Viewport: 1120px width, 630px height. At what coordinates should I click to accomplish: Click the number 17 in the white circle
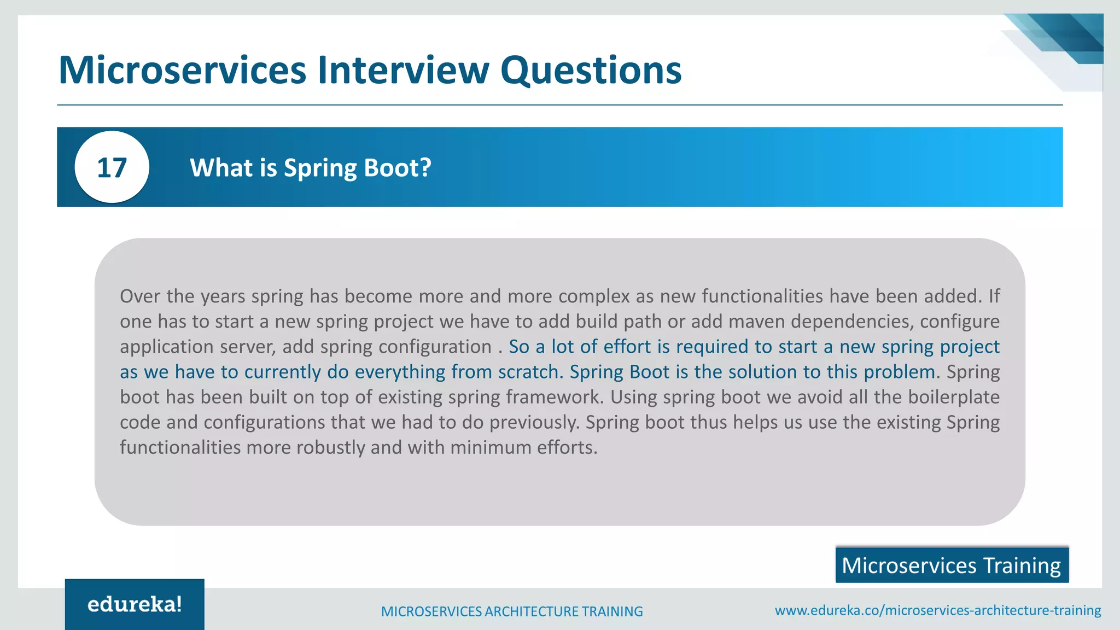pyautogui.click(x=112, y=167)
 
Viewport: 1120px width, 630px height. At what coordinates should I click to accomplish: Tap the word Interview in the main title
pyautogui.click(x=404, y=70)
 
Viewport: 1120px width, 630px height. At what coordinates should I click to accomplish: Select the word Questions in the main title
pyautogui.click(x=591, y=70)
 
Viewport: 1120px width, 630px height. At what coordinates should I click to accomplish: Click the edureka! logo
pyautogui.click(x=135, y=604)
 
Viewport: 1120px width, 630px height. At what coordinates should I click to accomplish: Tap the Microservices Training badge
pyautogui.click(x=952, y=565)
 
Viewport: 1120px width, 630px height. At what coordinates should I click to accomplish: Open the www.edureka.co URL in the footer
pyautogui.click(x=938, y=610)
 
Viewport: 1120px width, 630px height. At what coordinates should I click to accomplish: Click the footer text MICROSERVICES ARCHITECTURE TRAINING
pyautogui.click(x=512, y=611)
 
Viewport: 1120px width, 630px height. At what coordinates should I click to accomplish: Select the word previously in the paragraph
pyautogui.click(x=534, y=422)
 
